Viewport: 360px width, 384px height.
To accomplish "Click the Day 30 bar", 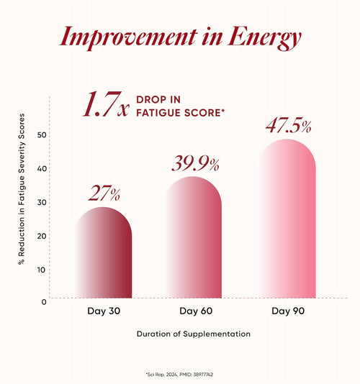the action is (x=104, y=252).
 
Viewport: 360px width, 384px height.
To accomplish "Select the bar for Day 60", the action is (x=194, y=237).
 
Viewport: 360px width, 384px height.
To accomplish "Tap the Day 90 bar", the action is (x=287, y=219).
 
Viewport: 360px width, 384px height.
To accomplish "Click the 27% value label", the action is (x=104, y=193).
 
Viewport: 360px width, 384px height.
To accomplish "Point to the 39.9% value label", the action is (x=195, y=164).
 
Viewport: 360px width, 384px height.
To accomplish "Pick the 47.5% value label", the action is (x=289, y=126).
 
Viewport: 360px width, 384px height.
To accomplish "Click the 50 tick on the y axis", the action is (x=42, y=134).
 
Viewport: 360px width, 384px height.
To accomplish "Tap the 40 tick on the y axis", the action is (x=42, y=168).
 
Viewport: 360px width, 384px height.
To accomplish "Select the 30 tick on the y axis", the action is (x=42, y=202).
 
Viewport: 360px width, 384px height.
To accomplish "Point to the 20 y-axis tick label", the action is (x=42, y=236).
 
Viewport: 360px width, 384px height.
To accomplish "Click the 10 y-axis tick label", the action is (x=42, y=270).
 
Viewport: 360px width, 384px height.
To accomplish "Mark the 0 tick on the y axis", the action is (x=44, y=302).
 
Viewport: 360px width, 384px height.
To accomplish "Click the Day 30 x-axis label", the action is (x=104, y=311).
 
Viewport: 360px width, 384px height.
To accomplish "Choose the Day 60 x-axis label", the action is (x=196, y=311).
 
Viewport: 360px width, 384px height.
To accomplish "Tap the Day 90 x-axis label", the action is (x=288, y=311).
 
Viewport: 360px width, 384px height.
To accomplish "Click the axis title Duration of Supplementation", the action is (x=194, y=334).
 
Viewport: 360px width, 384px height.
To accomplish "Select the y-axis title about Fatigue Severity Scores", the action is (x=22, y=189).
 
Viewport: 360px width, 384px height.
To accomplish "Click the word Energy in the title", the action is (x=264, y=38).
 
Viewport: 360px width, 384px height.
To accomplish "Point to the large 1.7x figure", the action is (x=106, y=104).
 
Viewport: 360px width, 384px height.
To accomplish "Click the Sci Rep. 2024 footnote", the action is (x=179, y=375).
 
